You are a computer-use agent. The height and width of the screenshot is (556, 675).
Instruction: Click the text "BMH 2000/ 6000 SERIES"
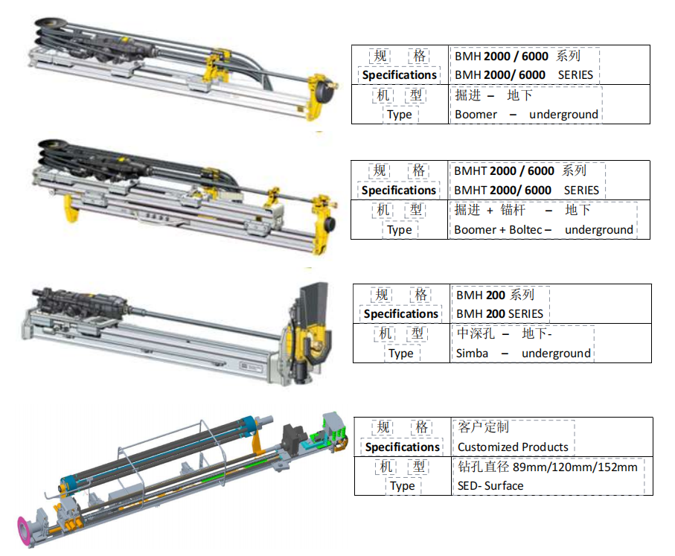tap(523, 75)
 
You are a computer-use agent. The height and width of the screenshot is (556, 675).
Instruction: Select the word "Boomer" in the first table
tap(476, 115)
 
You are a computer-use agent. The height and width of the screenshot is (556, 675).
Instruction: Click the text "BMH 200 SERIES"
tap(499, 314)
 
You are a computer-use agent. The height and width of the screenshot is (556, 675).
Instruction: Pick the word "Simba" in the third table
tap(473, 354)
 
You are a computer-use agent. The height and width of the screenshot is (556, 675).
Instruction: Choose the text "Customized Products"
tap(513, 447)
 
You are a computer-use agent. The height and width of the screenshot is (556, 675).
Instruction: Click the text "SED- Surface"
tap(490, 486)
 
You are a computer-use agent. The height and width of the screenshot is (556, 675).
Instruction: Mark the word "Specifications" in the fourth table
tap(403, 447)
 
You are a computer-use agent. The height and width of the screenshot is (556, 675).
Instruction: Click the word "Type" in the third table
tap(401, 354)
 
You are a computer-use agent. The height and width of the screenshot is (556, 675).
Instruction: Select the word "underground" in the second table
tap(598, 230)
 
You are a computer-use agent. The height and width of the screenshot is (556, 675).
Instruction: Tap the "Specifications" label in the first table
tap(400, 75)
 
